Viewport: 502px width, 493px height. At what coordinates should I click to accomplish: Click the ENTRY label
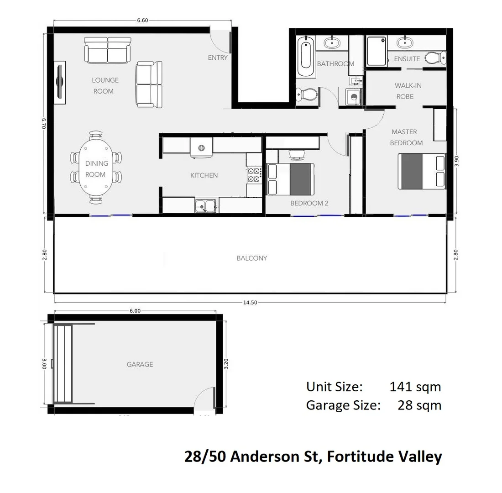click(217, 58)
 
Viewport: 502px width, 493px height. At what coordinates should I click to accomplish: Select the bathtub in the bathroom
click(305, 57)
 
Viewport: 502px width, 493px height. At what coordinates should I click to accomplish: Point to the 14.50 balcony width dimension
click(250, 302)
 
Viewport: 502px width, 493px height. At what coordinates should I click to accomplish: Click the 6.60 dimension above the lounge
click(142, 21)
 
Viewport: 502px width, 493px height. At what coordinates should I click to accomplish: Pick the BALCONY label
click(251, 258)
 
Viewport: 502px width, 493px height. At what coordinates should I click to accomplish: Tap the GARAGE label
click(140, 365)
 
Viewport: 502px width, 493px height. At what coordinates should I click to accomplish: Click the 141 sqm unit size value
click(415, 387)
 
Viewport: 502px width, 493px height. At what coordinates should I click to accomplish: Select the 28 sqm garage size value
click(419, 405)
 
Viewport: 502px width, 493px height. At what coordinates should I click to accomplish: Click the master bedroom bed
click(421, 171)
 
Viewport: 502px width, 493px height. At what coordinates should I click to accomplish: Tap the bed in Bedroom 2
click(290, 178)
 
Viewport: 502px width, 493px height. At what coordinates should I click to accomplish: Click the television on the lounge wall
click(59, 82)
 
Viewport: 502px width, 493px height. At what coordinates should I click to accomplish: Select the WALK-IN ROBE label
click(405, 91)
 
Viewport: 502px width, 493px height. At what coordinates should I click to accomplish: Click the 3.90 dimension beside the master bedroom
click(456, 162)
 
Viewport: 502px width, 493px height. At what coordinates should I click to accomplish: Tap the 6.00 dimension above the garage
click(135, 311)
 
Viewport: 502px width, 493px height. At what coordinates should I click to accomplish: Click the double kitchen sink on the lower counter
click(205, 206)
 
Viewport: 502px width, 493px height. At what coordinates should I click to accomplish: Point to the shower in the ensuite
click(376, 51)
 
